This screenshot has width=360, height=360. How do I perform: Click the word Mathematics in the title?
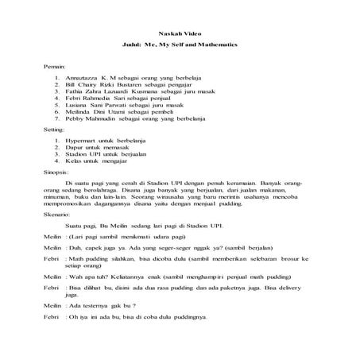(x=217, y=45)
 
